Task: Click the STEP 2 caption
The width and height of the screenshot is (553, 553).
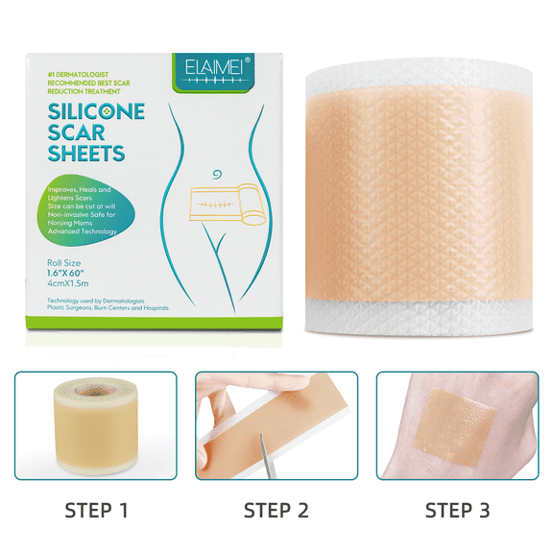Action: coord(276,509)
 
